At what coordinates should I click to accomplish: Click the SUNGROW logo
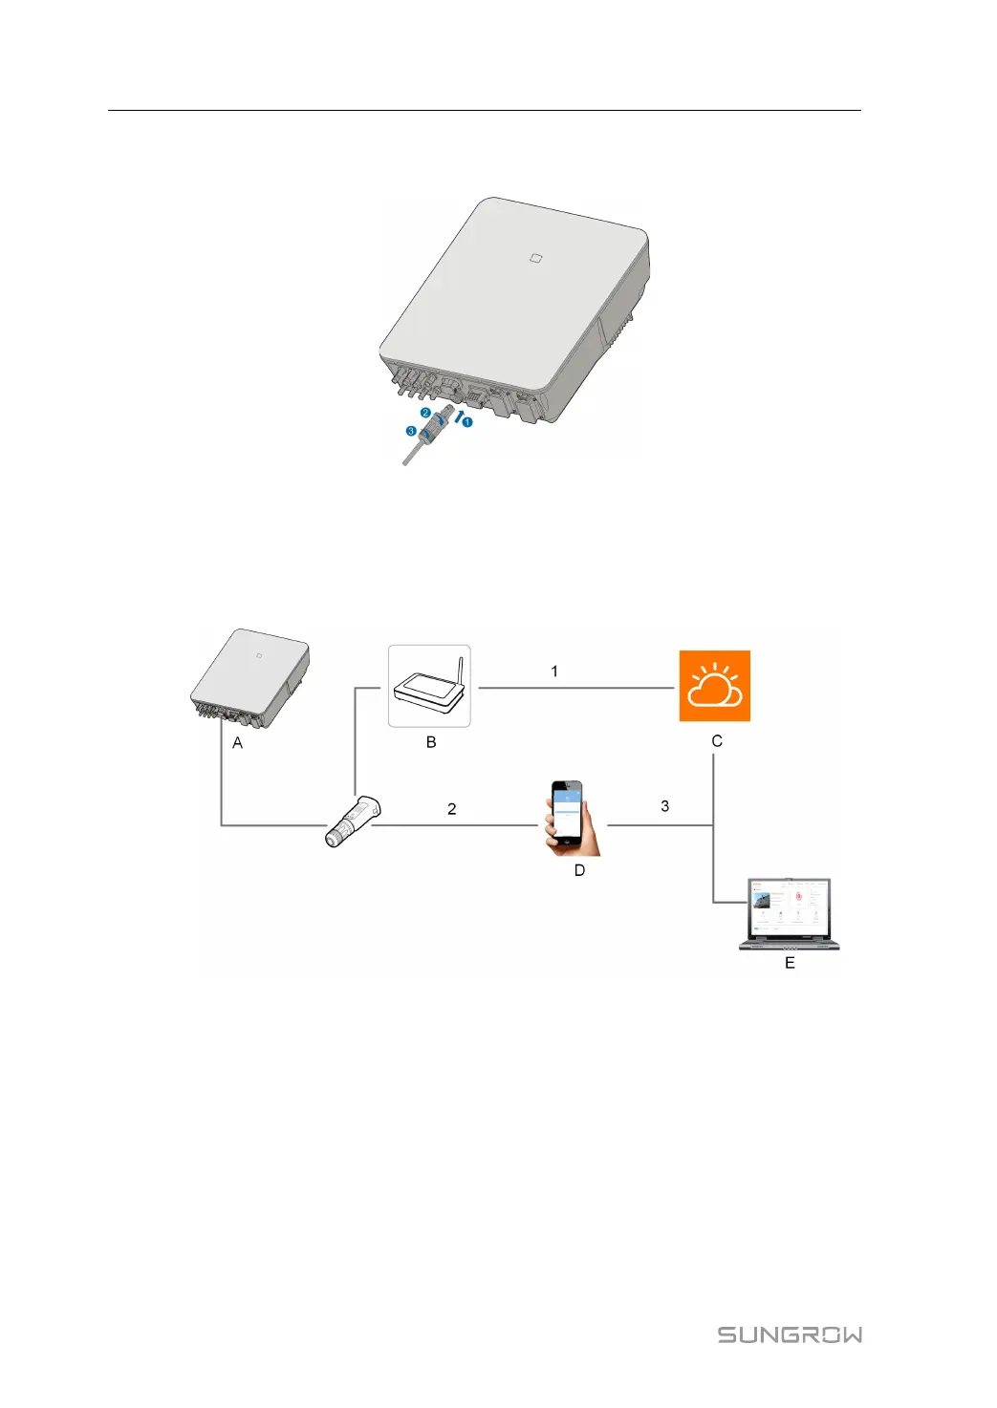coord(790,1334)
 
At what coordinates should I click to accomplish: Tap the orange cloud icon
coord(714,686)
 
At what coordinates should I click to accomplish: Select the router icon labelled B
coord(429,687)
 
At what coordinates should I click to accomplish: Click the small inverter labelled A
coord(250,677)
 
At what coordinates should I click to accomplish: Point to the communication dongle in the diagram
coord(352,821)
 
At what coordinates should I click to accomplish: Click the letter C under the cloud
coord(717,741)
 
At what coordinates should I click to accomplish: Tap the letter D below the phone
coord(579,870)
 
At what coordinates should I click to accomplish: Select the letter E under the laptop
coord(790,963)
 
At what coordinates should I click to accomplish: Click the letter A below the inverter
coord(237,743)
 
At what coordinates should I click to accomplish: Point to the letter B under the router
coord(431,742)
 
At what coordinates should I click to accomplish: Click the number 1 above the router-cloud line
coord(554,672)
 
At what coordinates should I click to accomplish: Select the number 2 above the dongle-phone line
coord(452,809)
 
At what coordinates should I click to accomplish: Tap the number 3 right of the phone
coord(665,806)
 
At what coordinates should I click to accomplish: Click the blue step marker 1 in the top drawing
coord(467,422)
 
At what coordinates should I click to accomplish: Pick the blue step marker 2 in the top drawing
coord(425,414)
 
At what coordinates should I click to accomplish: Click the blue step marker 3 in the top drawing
coord(411,432)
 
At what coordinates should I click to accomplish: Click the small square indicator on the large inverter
coord(535,257)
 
